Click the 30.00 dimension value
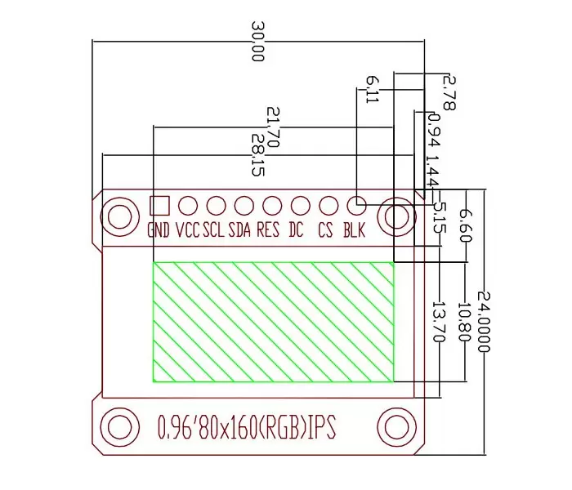(257, 41)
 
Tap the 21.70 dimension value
(273, 127)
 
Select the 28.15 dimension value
(258, 155)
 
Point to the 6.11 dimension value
(372, 89)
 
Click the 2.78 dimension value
(449, 93)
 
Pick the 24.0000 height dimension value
(484, 322)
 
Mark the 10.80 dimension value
(464, 322)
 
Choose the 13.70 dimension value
(439, 322)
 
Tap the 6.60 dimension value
(466, 226)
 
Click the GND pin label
(159, 230)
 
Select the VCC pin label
(188, 230)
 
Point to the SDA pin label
(239, 230)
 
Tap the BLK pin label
(354, 230)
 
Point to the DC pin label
(296, 230)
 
